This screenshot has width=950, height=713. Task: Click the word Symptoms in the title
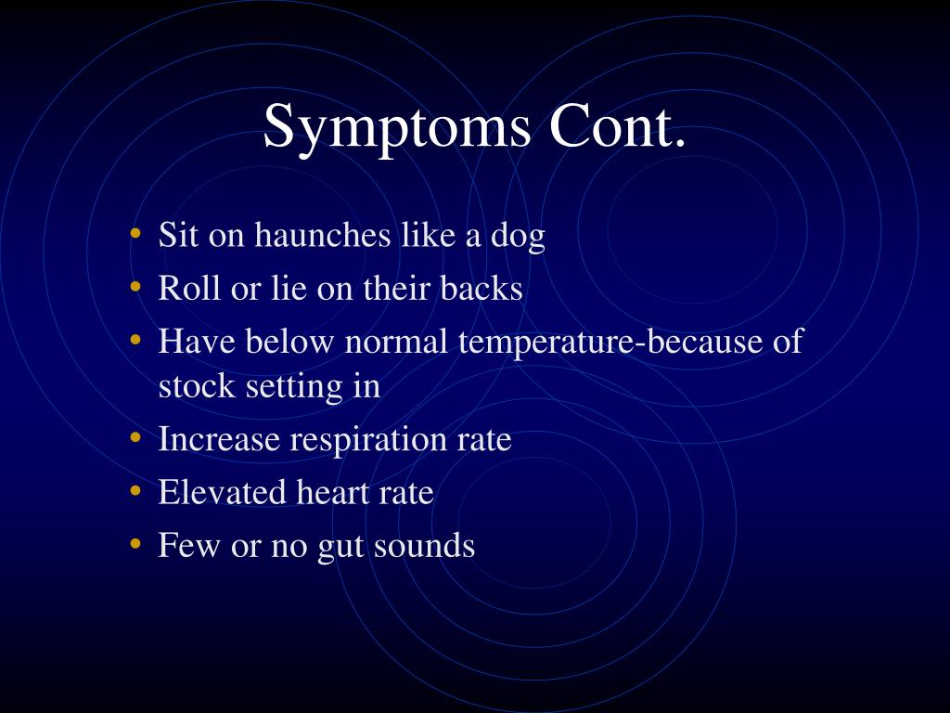pyautogui.click(x=397, y=127)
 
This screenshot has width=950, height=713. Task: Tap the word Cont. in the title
pyautogui.click(x=617, y=125)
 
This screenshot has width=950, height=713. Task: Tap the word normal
pyautogui.click(x=396, y=342)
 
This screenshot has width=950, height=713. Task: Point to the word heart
pyautogui.click(x=333, y=492)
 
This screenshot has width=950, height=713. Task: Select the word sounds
pyautogui.click(x=424, y=545)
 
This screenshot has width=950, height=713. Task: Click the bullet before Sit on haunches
pyautogui.click(x=135, y=233)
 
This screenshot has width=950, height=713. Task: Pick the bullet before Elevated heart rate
pyautogui.click(x=135, y=490)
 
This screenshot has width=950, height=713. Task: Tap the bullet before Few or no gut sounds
pyautogui.click(x=135, y=544)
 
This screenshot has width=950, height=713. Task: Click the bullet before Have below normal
pyautogui.click(x=135, y=340)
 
